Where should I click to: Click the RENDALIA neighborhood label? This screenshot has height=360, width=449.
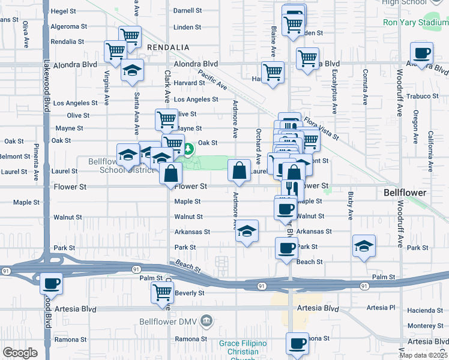click(x=166, y=47)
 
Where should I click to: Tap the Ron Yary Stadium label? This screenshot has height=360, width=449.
click(x=416, y=23)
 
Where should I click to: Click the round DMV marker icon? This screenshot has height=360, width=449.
click(x=207, y=320)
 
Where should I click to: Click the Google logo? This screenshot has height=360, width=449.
click(x=20, y=353)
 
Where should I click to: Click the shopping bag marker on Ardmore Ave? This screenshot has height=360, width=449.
click(x=239, y=170)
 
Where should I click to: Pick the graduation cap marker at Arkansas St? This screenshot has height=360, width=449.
click(x=246, y=232)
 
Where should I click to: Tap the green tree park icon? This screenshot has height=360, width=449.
click(x=188, y=149)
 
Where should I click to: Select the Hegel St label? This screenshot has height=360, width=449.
click(x=64, y=11)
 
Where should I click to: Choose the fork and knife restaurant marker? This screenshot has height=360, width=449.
click(x=292, y=188)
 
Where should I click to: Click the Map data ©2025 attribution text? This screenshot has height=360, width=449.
click(x=423, y=355)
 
